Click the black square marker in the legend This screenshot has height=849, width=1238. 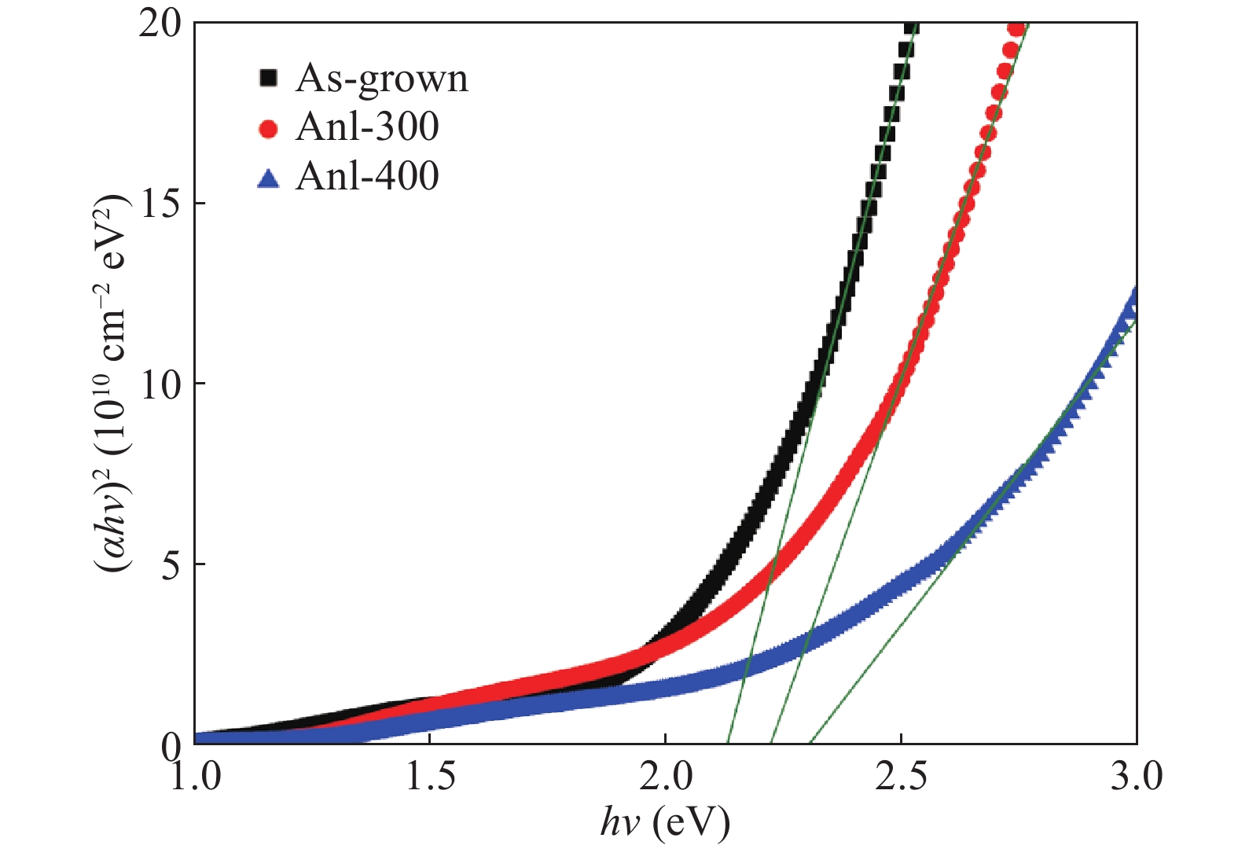point(269,78)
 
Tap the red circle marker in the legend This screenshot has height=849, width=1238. point(269,129)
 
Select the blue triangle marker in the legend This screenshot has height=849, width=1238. point(269,179)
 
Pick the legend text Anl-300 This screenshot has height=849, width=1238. point(367,128)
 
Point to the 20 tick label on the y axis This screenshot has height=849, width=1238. point(161,24)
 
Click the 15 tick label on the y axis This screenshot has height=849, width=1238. point(161,204)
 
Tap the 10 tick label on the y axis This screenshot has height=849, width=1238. point(161,384)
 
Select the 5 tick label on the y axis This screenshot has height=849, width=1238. point(171,564)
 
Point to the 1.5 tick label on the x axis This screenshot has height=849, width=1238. point(429,777)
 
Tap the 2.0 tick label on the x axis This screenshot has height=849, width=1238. point(665,777)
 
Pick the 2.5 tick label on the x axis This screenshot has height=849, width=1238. point(901,777)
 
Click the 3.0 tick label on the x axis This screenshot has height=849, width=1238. point(1136,777)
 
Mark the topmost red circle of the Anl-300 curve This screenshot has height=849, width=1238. point(1016,29)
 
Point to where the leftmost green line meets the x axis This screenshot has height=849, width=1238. point(728,744)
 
